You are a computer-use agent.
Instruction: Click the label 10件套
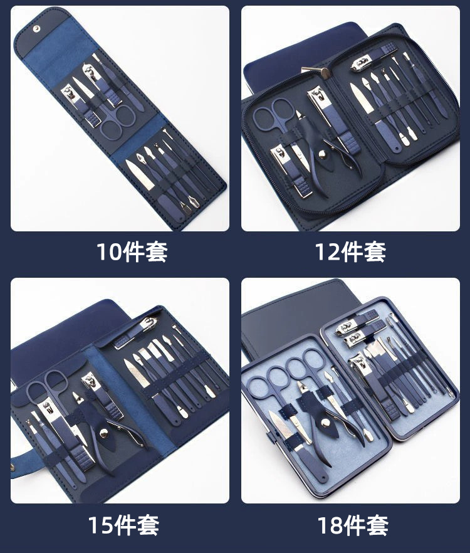point(132,252)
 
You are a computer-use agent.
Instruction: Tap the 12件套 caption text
point(350,252)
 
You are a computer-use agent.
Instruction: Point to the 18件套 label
point(352,524)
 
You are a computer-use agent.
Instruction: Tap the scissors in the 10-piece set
point(117,119)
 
